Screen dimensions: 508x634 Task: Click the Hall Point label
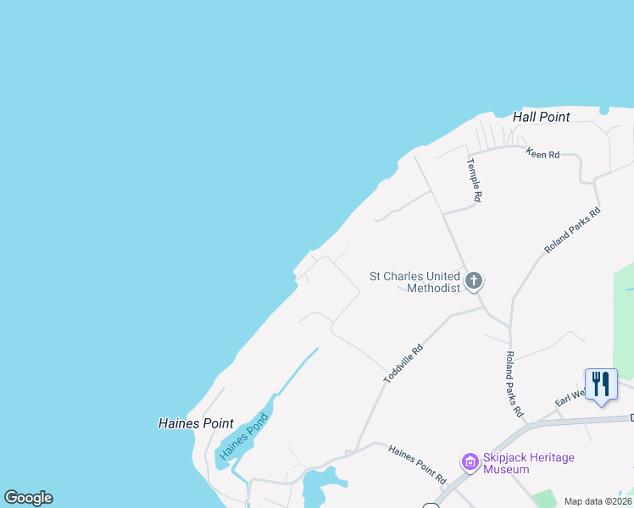pos(542,117)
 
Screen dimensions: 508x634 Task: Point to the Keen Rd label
pos(542,154)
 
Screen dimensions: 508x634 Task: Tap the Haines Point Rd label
pos(417,466)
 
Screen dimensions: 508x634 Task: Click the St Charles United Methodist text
pos(415,281)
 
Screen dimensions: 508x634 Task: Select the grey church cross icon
pos(474,280)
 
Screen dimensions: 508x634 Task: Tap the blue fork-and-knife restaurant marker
pos(601,384)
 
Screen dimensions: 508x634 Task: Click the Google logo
pos(28,498)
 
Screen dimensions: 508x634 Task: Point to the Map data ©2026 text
pos(598,501)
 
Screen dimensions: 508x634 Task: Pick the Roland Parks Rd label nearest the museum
pos(514,384)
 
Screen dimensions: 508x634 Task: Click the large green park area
pos(625,322)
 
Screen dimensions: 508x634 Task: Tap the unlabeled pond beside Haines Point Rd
pos(319,486)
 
